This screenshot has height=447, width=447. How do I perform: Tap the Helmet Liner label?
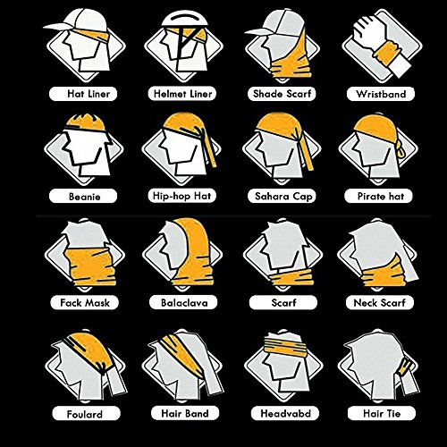click(x=182, y=94)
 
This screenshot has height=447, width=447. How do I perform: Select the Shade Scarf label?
click(x=282, y=94)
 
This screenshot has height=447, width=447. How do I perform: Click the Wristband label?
click(x=381, y=94)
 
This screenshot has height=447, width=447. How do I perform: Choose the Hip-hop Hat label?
click(x=181, y=196)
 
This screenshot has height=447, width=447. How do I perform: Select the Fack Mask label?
click(x=85, y=303)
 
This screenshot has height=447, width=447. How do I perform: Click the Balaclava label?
click(x=183, y=303)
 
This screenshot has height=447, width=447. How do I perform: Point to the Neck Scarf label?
click(x=380, y=303)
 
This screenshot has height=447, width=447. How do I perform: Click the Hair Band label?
click(x=185, y=413)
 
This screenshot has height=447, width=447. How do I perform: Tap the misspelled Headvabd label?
click(x=285, y=413)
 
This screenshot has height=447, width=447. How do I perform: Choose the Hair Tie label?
click(x=382, y=413)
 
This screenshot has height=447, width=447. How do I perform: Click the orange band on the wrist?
click(x=387, y=53)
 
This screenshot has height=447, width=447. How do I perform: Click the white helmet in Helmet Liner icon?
click(x=184, y=19)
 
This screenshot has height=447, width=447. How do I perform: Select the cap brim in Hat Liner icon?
click(x=58, y=26)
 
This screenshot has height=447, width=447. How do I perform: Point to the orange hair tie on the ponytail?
click(x=405, y=367)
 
